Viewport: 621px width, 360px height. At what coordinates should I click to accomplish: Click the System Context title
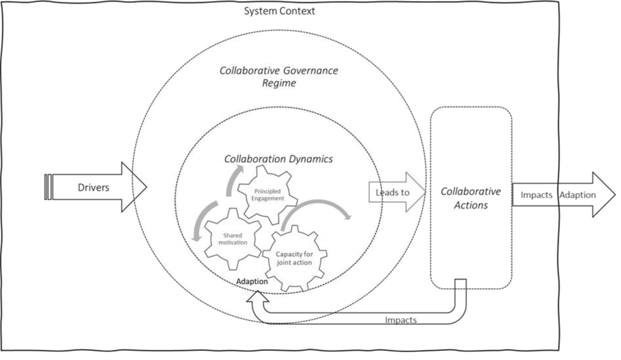point(279,10)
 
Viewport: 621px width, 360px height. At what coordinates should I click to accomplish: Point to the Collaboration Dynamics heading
point(278,159)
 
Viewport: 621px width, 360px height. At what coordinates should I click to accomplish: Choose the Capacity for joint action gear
point(294,257)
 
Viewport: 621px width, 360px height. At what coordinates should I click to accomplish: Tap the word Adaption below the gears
point(252,282)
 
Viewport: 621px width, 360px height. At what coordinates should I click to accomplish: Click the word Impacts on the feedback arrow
point(401,320)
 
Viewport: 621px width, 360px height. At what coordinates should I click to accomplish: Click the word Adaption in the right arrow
point(578,195)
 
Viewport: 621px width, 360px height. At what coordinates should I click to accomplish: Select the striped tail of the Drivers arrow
point(48,187)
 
